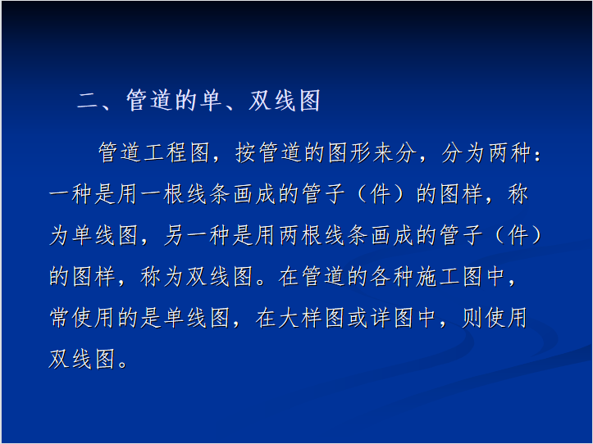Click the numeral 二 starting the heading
[88, 102]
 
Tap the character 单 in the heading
[210, 101]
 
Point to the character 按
[246, 152]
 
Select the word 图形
[349, 152]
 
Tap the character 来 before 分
[384, 152]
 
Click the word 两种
[510, 152]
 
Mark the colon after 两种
[538, 154]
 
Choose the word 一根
[163, 194]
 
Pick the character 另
[175, 235]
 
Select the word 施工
[438, 276]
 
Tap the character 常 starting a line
[60, 317]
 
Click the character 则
[472, 317]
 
